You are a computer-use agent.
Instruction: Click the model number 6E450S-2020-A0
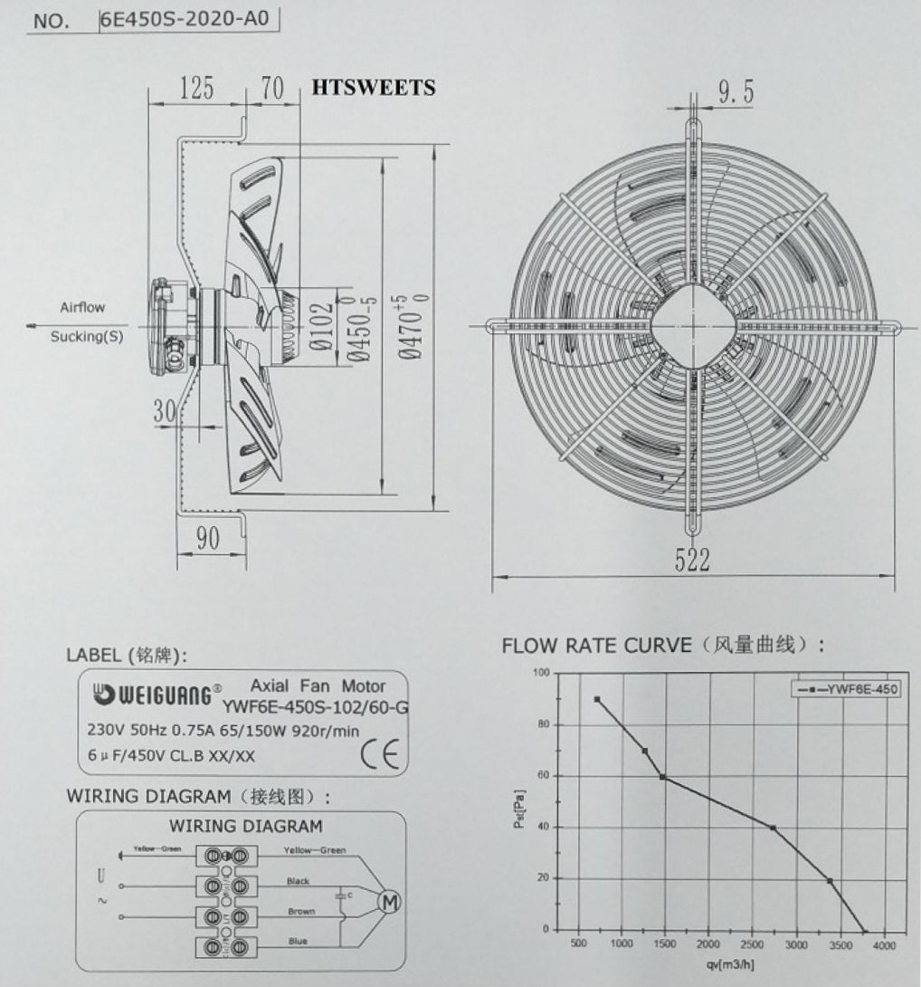pyautogui.click(x=185, y=19)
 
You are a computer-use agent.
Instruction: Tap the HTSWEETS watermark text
pyautogui.click(x=373, y=88)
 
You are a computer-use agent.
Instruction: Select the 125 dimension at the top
pyautogui.click(x=196, y=88)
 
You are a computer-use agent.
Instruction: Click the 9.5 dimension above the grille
pyautogui.click(x=736, y=91)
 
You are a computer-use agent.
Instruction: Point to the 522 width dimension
pyautogui.click(x=692, y=561)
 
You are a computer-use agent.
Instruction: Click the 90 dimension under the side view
pyautogui.click(x=208, y=538)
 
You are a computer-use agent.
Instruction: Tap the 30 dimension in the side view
pyautogui.click(x=164, y=411)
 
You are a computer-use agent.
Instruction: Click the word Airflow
pyautogui.click(x=82, y=307)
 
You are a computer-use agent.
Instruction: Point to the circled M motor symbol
pyautogui.click(x=390, y=902)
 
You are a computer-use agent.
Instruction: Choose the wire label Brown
pyautogui.click(x=301, y=911)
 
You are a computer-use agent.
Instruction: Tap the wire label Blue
pyautogui.click(x=298, y=942)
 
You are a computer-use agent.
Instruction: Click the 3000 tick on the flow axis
pyautogui.click(x=795, y=944)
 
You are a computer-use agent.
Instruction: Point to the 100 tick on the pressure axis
pyautogui.click(x=540, y=673)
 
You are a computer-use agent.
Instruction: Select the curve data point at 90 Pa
pyautogui.click(x=597, y=699)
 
